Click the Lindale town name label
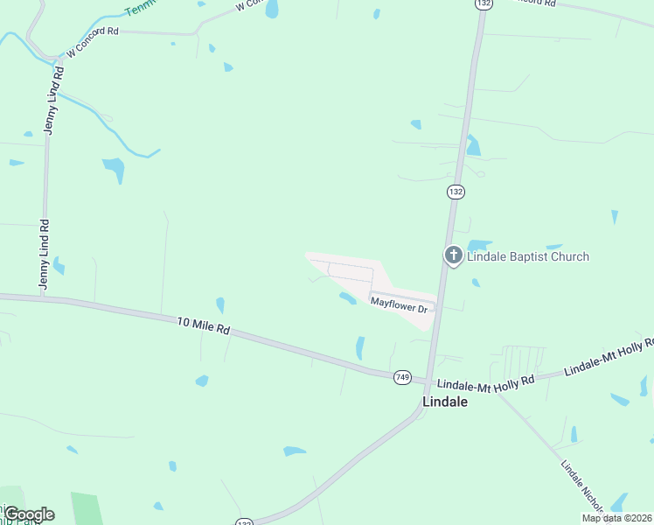point(444,402)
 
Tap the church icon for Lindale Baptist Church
point(453,255)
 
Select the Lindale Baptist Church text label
point(528,256)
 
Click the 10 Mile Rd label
point(203,325)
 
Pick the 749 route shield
point(402,377)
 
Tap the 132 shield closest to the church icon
point(455,191)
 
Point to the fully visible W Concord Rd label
point(92,41)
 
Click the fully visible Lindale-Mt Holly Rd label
point(485,383)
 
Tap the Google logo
point(28,514)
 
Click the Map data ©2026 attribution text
point(616,518)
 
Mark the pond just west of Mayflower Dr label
point(347,298)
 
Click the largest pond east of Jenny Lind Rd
point(114,169)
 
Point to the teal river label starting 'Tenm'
point(140,9)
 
